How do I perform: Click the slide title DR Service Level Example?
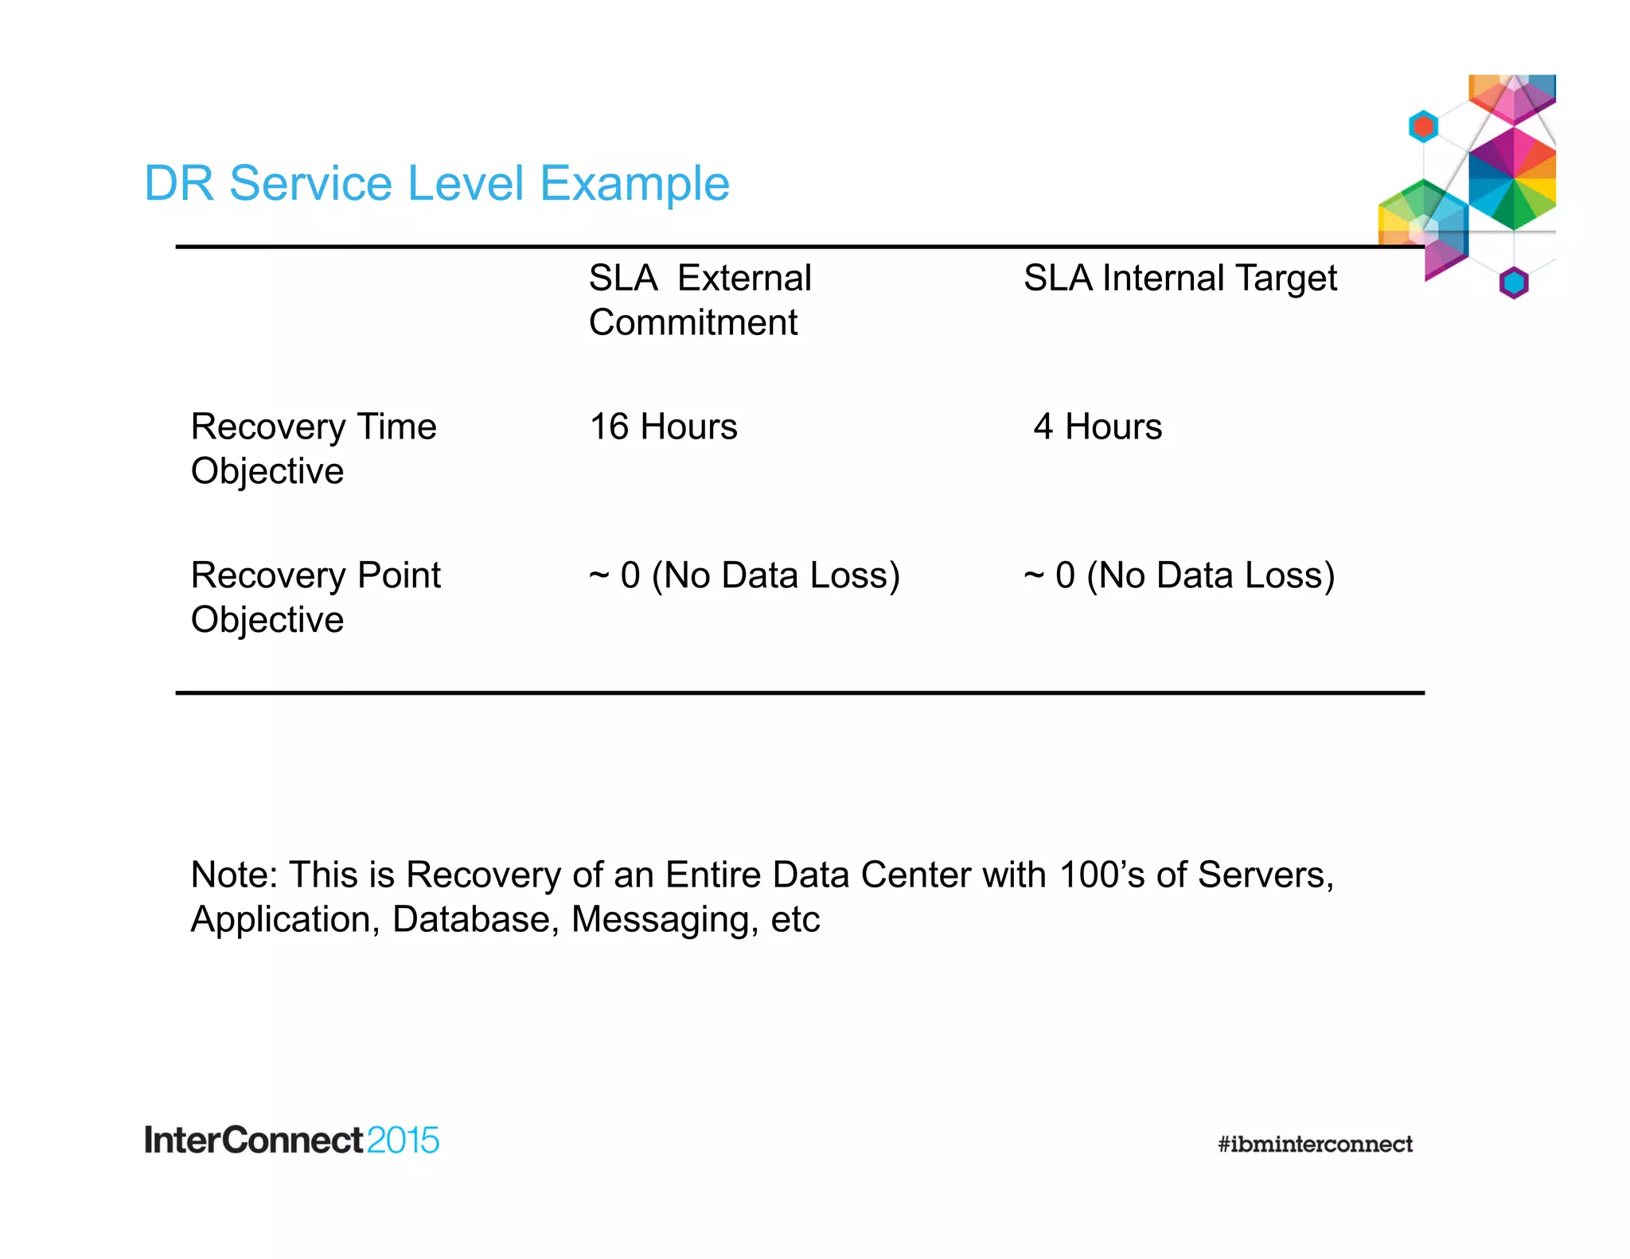point(436,184)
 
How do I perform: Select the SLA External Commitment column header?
point(700,300)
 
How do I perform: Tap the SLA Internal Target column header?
point(1180,279)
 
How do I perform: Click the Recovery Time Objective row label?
point(314,448)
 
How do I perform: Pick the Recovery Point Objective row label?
point(315,597)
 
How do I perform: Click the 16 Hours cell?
point(663,427)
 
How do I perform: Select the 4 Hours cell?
point(1098,427)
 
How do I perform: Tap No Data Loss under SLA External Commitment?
point(774,575)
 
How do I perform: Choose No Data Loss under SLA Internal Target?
point(1210,575)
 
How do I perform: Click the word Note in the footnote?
point(232,875)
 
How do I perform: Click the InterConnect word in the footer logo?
point(253,1140)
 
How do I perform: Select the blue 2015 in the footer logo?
point(403,1140)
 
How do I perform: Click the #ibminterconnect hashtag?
point(1315,1144)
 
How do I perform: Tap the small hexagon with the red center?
point(1423,127)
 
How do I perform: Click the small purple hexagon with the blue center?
point(1514,283)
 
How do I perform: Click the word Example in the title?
point(634,184)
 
